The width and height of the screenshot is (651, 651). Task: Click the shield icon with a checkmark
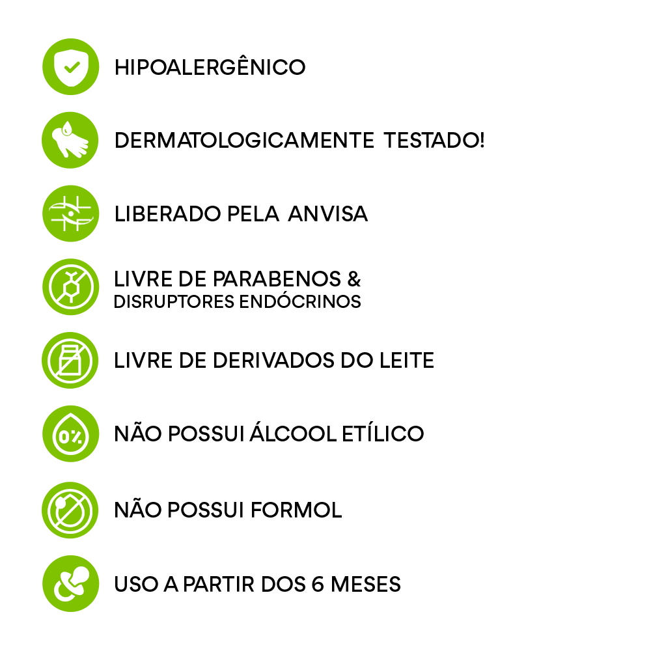[70, 67]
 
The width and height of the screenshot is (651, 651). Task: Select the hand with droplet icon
[70, 141]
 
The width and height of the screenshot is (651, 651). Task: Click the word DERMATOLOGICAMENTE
[244, 141]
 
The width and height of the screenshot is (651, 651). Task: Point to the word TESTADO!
[434, 141]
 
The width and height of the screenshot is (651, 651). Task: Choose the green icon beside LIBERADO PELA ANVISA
[70, 214]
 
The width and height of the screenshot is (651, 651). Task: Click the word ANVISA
[328, 214]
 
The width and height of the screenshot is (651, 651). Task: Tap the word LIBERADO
[167, 214]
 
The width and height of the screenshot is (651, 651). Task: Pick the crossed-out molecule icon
[70, 287]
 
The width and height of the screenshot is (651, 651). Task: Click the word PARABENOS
[277, 279]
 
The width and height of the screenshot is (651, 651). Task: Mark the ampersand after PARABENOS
[354, 279]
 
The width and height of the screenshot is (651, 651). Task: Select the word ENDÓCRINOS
[300, 301]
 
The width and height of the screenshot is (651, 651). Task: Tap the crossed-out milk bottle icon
[70, 361]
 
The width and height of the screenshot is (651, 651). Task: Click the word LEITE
[407, 361]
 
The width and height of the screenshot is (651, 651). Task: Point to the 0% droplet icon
[70, 434]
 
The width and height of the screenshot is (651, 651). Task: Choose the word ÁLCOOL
[293, 433]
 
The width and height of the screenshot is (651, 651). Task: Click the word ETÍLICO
[383, 433]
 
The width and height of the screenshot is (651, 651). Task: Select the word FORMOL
[296, 510]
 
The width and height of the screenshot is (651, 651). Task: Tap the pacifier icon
[70, 584]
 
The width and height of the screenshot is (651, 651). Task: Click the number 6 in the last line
[318, 584]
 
